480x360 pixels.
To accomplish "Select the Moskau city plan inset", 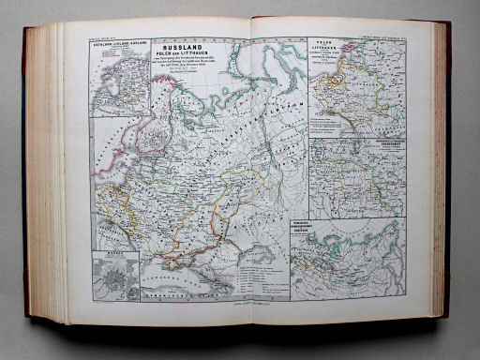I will point(115,274).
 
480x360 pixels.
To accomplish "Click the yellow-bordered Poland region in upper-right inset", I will point(333,94).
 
